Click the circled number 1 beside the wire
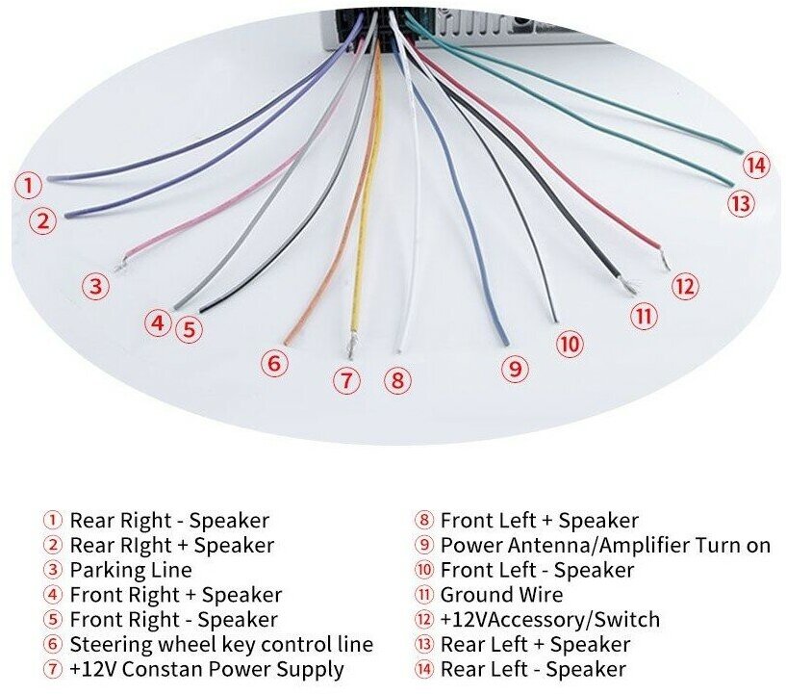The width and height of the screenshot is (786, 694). (x=29, y=185)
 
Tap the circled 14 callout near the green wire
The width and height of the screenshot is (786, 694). (x=757, y=166)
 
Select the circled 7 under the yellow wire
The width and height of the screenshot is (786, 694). (x=346, y=380)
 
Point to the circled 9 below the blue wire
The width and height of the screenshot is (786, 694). (x=515, y=368)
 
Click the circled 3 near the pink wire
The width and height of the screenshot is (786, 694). (x=94, y=286)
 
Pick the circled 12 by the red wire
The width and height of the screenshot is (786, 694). (x=684, y=286)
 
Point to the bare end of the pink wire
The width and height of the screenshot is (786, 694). (x=119, y=263)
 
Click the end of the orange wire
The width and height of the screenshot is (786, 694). (x=288, y=341)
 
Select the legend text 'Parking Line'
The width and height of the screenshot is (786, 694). (x=131, y=570)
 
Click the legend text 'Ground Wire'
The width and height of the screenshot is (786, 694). (x=501, y=595)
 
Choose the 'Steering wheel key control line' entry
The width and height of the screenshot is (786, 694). (x=221, y=645)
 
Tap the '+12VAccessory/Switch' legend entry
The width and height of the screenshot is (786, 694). (x=550, y=620)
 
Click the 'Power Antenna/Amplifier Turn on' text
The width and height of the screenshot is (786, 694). (x=605, y=546)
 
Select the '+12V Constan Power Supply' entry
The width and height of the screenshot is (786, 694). (x=207, y=669)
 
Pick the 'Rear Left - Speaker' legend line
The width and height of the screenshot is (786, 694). (x=533, y=669)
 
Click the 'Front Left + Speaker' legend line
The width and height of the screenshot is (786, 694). (x=539, y=521)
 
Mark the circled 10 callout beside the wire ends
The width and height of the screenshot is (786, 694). (x=570, y=344)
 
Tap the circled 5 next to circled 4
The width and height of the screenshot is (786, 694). (x=190, y=329)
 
